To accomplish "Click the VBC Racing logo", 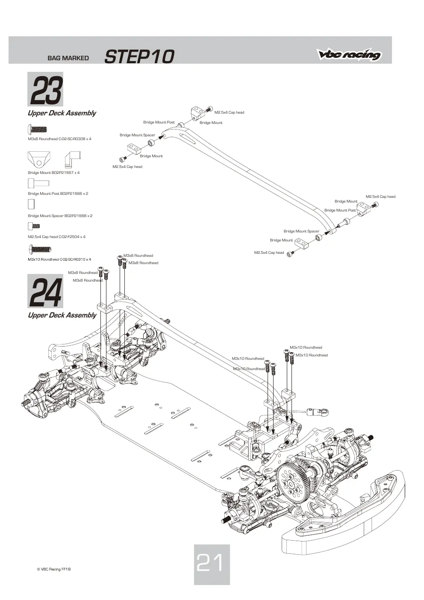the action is point(349,54).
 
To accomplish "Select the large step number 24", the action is point(46,292).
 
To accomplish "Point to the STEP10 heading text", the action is point(139,56).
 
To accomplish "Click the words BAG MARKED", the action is point(68,58).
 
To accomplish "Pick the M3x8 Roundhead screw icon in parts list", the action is point(38,130).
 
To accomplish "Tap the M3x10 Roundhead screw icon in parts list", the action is point(40,250).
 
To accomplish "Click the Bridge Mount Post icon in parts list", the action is point(38,183).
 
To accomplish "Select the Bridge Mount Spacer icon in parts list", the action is point(31,204).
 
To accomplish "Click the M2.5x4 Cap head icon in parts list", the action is point(34,226).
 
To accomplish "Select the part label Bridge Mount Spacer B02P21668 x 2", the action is point(60,216).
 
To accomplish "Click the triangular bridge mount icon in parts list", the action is point(39,159).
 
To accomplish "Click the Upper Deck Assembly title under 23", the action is point(62,113).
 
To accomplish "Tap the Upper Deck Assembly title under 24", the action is point(62,315).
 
